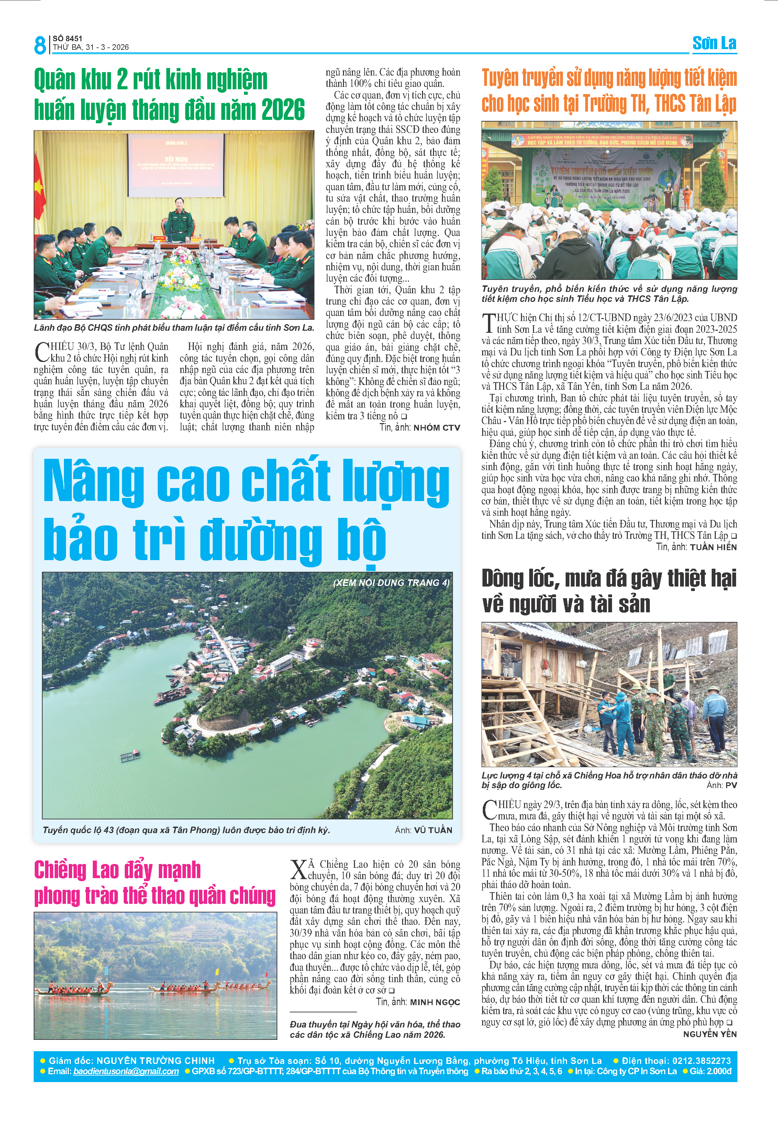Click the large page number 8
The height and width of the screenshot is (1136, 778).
click(x=40, y=45)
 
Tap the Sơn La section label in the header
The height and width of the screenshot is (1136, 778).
click(x=714, y=44)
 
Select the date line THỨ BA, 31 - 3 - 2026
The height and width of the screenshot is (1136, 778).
click(x=91, y=47)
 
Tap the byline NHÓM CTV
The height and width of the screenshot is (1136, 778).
click(x=437, y=428)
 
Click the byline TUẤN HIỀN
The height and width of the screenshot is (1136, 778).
click(x=713, y=547)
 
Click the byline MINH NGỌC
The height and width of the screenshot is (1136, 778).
click(x=435, y=1002)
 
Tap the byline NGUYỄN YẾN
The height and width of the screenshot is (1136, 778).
click(x=710, y=1034)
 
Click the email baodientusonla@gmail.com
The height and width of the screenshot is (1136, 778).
click(x=126, y=1071)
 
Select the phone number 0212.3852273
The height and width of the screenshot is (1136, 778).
click(x=701, y=1060)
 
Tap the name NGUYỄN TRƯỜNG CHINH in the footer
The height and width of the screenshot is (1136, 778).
click(x=156, y=1060)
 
